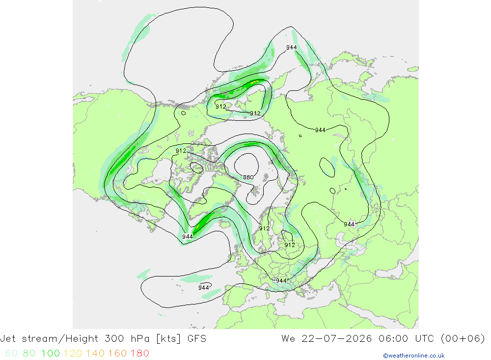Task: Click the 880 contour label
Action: [x=248, y=177]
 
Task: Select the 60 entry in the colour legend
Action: [x=12, y=353]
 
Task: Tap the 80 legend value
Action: [x=29, y=353]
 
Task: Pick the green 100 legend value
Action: [x=51, y=353]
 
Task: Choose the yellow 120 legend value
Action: [x=73, y=353]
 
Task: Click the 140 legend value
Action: [x=95, y=353]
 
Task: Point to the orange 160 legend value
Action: [x=117, y=353]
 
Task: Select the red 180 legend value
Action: [x=139, y=353]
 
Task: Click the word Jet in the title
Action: [x=8, y=339]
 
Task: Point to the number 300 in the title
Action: [x=114, y=339]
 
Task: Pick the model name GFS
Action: [x=197, y=339]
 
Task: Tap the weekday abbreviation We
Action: [x=288, y=339]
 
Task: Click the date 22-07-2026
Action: [x=337, y=339]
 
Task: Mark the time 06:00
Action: [x=393, y=339]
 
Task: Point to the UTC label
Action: [x=424, y=339]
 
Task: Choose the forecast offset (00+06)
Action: [x=463, y=339]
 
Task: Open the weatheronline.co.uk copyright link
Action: [x=413, y=356]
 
